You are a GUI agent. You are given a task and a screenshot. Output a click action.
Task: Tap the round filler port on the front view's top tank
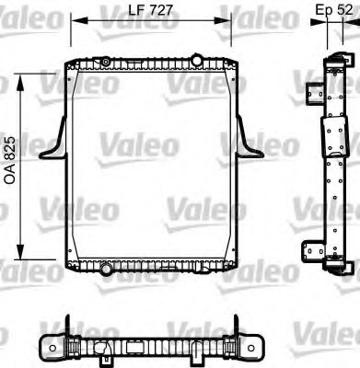(106, 61)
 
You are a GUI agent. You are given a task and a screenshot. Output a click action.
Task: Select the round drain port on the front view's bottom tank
(107, 268)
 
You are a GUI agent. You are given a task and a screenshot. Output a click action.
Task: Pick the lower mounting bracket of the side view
(315, 247)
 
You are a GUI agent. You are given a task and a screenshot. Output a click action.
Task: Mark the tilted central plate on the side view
(329, 147)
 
